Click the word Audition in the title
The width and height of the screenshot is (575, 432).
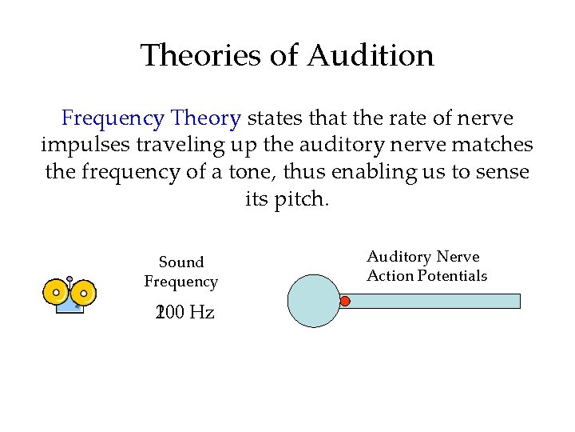point(370,56)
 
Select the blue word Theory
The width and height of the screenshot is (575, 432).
point(204,119)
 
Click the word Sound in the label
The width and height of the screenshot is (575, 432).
point(181,262)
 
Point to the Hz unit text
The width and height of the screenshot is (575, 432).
point(200,313)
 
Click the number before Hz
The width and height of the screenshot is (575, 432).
point(169,313)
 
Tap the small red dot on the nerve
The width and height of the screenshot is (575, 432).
point(345,301)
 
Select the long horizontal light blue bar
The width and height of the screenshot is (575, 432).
point(435,301)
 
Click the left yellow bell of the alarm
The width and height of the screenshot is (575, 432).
point(57,293)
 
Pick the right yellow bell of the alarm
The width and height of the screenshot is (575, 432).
point(84,293)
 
